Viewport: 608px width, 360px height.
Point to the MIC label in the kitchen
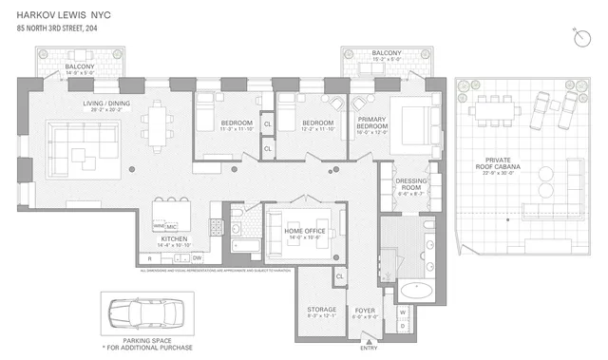point(172,226)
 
